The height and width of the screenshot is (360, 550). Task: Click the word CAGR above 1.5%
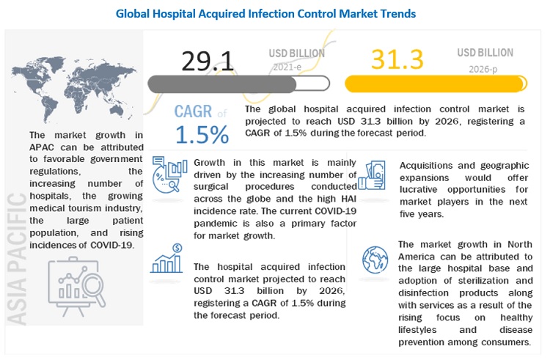[194, 112]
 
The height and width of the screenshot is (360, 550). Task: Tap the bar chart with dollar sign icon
[167, 260]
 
